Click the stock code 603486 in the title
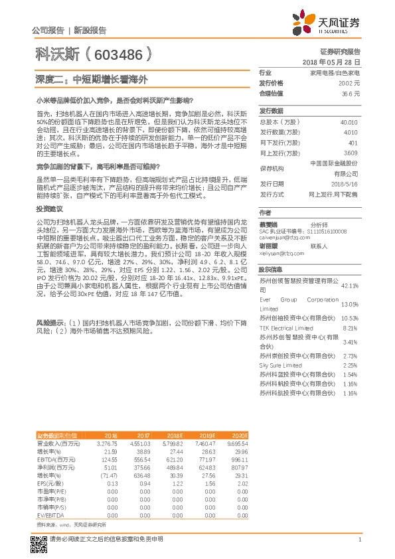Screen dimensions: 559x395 [120, 54]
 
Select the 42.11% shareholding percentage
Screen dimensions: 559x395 [350, 285]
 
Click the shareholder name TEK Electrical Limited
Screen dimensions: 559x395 [286, 328]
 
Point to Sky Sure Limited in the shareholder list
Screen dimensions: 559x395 [280, 366]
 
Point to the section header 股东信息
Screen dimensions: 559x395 [271, 270]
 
